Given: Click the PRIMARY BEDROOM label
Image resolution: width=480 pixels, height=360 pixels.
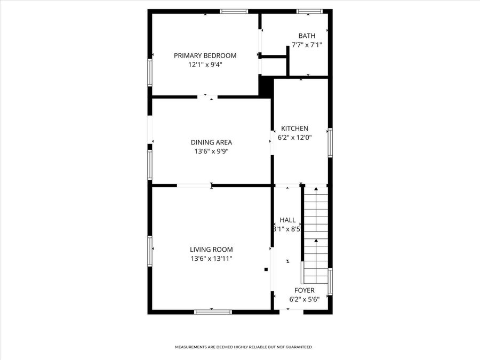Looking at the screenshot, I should tap(205, 55).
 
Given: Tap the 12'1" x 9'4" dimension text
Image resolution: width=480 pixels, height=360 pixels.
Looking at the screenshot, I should tap(205, 65).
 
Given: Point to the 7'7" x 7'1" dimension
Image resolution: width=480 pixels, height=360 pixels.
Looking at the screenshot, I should tap(307, 45).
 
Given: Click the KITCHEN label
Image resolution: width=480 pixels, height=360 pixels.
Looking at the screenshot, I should tap(295, 129).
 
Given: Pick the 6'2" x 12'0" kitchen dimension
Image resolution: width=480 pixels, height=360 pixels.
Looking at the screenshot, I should tap(295, 138).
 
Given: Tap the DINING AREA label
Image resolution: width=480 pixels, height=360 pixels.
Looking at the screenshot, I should tap(211, 142).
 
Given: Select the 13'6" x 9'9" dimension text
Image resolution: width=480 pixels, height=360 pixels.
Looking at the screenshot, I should tap(211, 151).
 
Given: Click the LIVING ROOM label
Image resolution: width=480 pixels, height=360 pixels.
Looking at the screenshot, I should tap(211, 250).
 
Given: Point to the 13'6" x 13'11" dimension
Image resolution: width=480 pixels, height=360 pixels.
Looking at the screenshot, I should tap(211, 259).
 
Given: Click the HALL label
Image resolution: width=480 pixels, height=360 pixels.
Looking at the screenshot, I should tap(287, 220).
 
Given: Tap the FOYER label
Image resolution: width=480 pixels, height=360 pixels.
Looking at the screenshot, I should tap(304, 291).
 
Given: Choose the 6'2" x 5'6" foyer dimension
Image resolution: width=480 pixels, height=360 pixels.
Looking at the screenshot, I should tap(304, 300).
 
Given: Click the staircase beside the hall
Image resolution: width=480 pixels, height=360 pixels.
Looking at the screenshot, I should tap(316, 235).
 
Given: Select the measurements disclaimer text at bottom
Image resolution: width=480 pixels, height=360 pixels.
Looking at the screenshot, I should tap(244, 347).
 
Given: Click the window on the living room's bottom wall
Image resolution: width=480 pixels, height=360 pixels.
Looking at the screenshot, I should tap(213, 311).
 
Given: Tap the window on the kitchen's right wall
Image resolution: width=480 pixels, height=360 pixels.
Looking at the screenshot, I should tap(330, 142).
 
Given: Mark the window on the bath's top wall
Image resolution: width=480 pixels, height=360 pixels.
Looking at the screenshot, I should tap(310, 11).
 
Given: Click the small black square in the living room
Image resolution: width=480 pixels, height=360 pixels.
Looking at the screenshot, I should tap(266, 270).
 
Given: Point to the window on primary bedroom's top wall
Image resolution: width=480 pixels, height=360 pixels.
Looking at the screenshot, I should tap(234, 11).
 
